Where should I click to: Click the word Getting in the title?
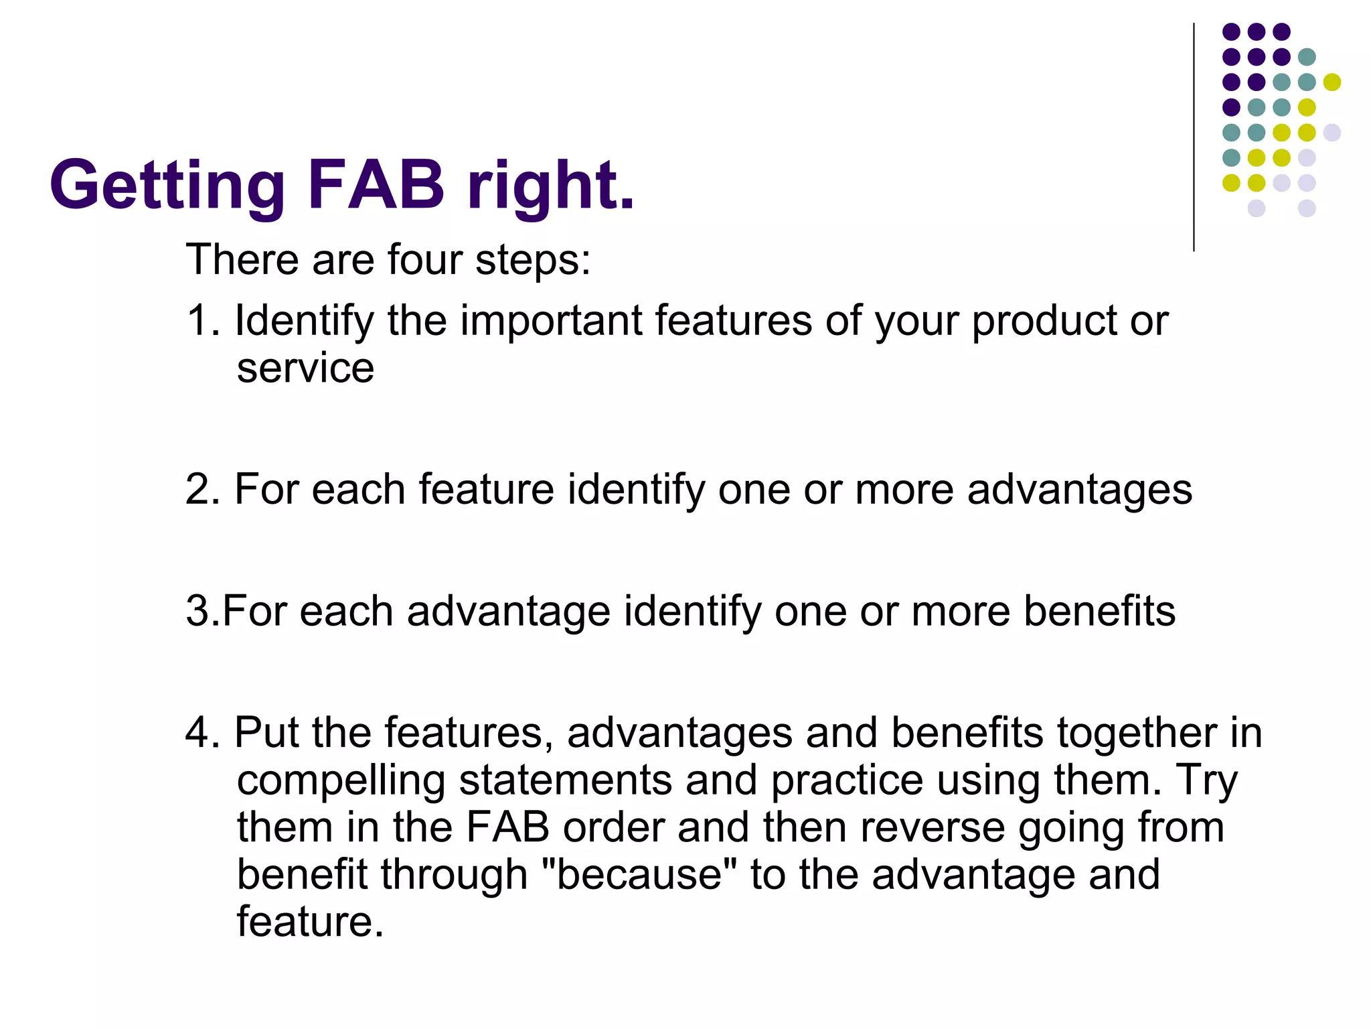167,186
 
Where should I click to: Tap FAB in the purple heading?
376,184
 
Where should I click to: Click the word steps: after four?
533,261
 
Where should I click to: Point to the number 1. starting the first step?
204,320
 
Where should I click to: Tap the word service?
305,369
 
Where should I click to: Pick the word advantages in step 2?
1079,490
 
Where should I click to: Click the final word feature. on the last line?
310,922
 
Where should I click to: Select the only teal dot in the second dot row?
1307,57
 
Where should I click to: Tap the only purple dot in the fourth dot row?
1231,107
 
